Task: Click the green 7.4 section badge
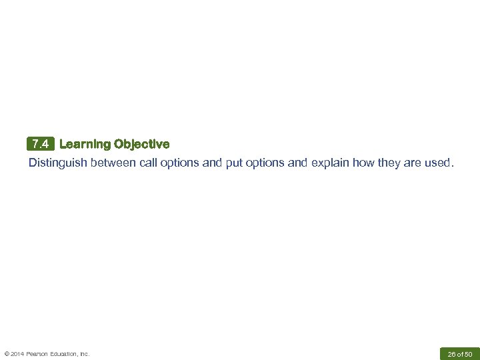(40, 144)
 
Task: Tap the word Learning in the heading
(85, 144)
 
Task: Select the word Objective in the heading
(142, 144)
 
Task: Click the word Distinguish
(57, 163)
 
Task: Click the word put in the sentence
(234, 163)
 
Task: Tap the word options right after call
(180, 163)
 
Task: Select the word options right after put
(265, 163)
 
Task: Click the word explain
(330, 163)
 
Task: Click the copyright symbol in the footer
(7, 354)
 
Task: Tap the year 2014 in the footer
(17, 354)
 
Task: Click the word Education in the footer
(65, 354)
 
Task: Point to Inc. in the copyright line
(85, 354)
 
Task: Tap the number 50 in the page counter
(468, 354)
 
